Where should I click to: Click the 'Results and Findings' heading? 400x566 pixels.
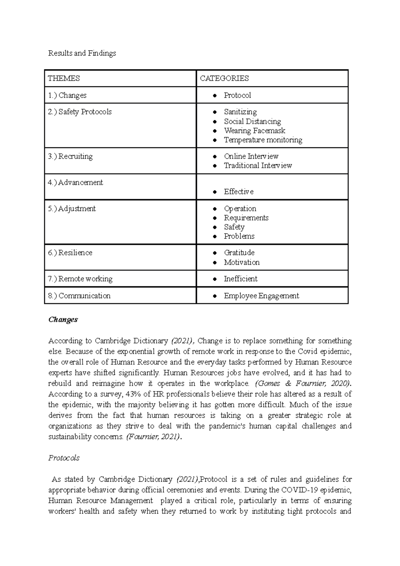82,53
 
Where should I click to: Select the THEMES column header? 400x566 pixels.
64,78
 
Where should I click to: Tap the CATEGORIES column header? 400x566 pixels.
224,78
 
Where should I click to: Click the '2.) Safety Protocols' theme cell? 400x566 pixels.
80,112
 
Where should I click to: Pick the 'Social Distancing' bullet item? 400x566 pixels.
252,121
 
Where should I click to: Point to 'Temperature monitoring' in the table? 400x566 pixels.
263,140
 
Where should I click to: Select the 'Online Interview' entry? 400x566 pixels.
251,156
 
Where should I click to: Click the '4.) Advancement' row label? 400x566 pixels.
75,183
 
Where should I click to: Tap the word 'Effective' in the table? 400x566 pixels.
239,192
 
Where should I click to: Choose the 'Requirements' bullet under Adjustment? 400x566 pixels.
246,218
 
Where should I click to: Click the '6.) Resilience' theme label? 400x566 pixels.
70,253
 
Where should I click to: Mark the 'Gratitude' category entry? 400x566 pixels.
239,253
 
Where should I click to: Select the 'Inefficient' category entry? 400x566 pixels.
240,279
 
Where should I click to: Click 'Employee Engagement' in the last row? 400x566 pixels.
261,296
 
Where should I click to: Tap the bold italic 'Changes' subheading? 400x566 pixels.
63,320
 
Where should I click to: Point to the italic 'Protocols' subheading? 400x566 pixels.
64,458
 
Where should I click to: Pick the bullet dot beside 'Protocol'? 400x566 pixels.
215,96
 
